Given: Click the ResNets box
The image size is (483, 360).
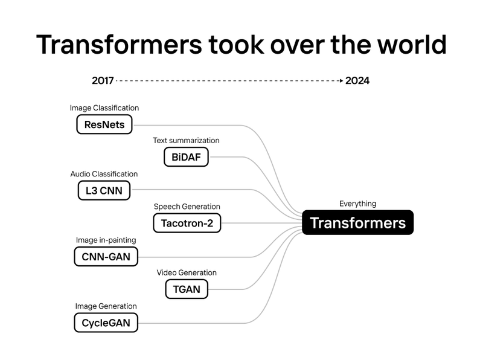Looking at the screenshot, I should pos(104,125).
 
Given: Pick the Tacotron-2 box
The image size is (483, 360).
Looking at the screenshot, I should pos(187,223).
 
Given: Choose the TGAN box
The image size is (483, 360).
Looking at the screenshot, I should pos(187,289).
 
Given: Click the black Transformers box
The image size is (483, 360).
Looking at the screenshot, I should pos(357,223).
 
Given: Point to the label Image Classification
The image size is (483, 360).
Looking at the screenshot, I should pos(104,108).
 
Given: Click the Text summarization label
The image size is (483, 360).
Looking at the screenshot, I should pos(186,141).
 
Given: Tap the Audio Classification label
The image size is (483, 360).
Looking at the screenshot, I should pos(104,174).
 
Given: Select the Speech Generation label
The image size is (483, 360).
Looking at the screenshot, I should pos(187,207).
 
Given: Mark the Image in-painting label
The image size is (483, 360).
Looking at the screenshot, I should pos(106,240).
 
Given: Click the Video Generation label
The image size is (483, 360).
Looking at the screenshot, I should pos(187,272).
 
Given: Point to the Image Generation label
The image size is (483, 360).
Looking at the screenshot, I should pos(106,306).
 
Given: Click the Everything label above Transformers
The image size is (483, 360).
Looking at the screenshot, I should pos(357,204).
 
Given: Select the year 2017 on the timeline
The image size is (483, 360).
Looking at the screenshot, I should pos(103,80).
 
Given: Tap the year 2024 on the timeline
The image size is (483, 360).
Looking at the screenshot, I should pos(357,80).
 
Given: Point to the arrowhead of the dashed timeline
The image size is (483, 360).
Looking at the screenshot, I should pos(341,80).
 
